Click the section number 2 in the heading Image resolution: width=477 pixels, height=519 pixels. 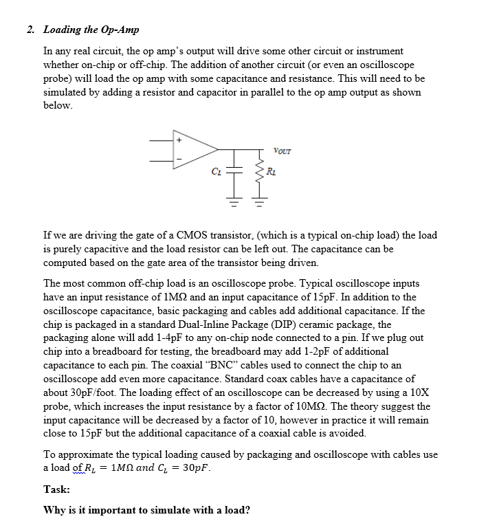pos(30,30)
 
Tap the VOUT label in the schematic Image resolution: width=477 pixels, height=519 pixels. pos(282,151)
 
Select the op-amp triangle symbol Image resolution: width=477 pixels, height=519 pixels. pos(193,148)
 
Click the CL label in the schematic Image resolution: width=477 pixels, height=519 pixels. pos(216,172)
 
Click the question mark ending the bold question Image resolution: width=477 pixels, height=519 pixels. pos(247,509)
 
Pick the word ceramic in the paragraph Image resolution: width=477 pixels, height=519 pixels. pos(362,324)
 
